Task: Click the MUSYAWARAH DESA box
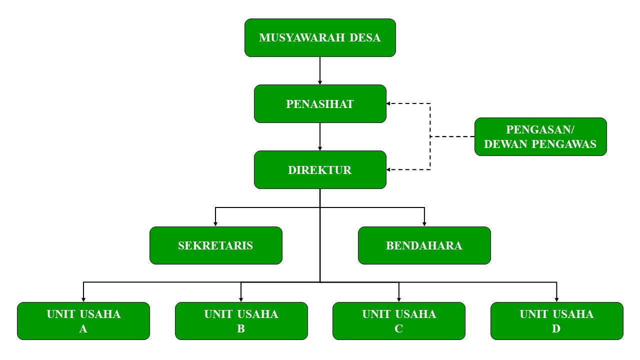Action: [320, 37]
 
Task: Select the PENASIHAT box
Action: [320, 103]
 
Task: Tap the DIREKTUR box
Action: [320, 169]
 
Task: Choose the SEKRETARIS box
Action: [215, 245]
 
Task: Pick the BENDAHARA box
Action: [424, 245]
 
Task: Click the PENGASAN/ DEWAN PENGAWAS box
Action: [540, 136]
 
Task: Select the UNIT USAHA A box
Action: [83, 321]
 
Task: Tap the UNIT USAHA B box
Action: [241, 321]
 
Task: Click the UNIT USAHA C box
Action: [399, 321]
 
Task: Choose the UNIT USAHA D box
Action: [556, 321]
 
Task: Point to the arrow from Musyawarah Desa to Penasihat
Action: [320, 70]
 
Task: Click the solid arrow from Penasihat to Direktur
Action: [320, 136]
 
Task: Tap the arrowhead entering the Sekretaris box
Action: [215, 223]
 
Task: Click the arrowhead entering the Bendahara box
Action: [424, 223]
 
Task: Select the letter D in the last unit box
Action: [556, 329]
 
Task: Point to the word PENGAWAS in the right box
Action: [571, 144]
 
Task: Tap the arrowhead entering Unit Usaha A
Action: [83, 299]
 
